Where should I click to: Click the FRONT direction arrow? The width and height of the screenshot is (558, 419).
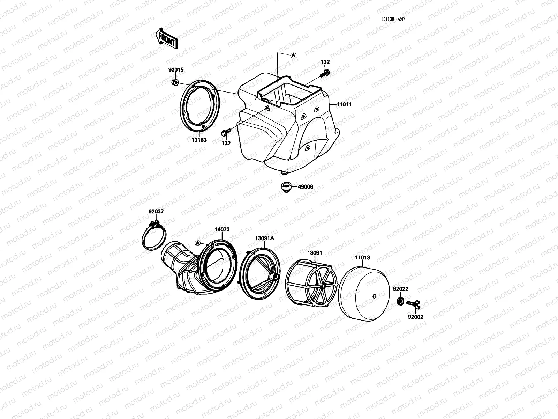pyautogui.click(x=166, y=38)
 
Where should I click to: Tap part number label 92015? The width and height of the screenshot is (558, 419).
pyautogui.click(x=176, y=70)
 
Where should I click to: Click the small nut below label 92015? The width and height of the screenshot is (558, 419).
pyautogui.click(x=175, y=83)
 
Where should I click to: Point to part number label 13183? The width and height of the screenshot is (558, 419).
pyautogui.click(x=199, y=140)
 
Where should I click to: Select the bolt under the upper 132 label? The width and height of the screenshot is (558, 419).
pyautogui.click(x=325, y=73)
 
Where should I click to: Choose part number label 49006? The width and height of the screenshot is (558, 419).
pyautogui.click(x=306, y=187)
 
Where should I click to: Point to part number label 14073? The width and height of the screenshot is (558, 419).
pyautogui.click(x=222, y=229)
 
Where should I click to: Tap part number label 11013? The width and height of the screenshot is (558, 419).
pyautogui.click(x=363, y=258)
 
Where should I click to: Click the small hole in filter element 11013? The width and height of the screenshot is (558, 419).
pyautogui.click(x=374, y=296)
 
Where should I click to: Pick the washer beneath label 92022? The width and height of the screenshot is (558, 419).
pyautogui.click(x=400, y=301)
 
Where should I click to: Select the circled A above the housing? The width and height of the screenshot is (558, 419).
pyautogui.click(x=294, y=55)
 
